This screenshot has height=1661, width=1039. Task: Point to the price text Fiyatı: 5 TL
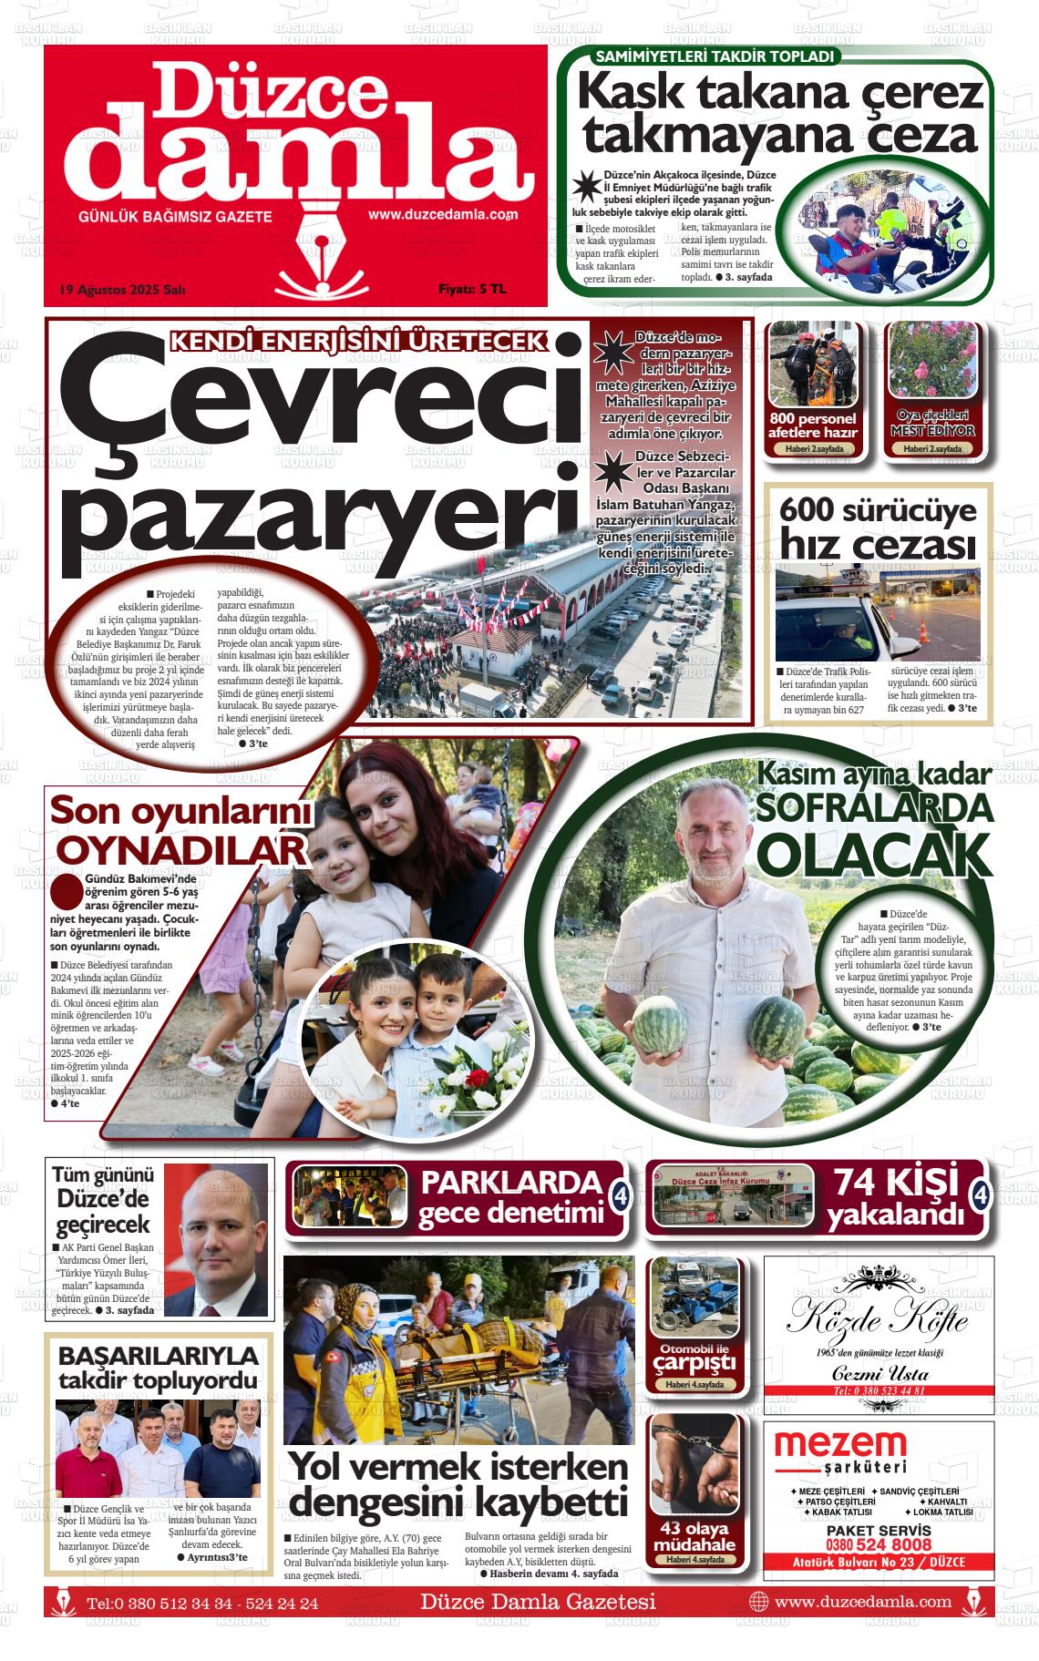pos(471,289)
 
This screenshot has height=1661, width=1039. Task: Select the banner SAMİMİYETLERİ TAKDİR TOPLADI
pos(715,56)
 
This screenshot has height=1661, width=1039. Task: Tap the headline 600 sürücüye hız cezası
pos(878,528)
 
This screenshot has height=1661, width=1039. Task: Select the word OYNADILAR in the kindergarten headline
pos(180,849)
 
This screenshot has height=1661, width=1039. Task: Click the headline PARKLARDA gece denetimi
pos(511,1196)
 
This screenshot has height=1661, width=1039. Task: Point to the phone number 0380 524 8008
pos(879,1544)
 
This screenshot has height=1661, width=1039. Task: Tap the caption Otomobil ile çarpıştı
pos(694,1357)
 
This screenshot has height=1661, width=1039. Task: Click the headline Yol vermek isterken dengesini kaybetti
pos(458,1482)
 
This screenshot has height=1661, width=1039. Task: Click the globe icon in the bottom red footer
pos(758,1601)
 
